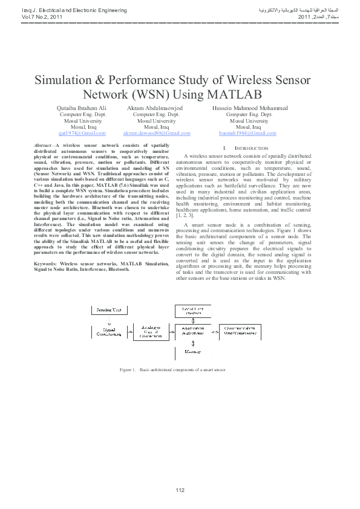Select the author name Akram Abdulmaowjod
[x=156, y=108]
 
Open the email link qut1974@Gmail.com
[x=82, y=132]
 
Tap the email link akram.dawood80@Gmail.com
[x=156, y=132]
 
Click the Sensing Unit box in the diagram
[x=109, y=310]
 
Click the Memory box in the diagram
[x=191, y=351]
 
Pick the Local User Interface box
[x=191, y=311]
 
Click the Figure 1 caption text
[x=172, y=369]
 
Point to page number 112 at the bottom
[x=180, y=489]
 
